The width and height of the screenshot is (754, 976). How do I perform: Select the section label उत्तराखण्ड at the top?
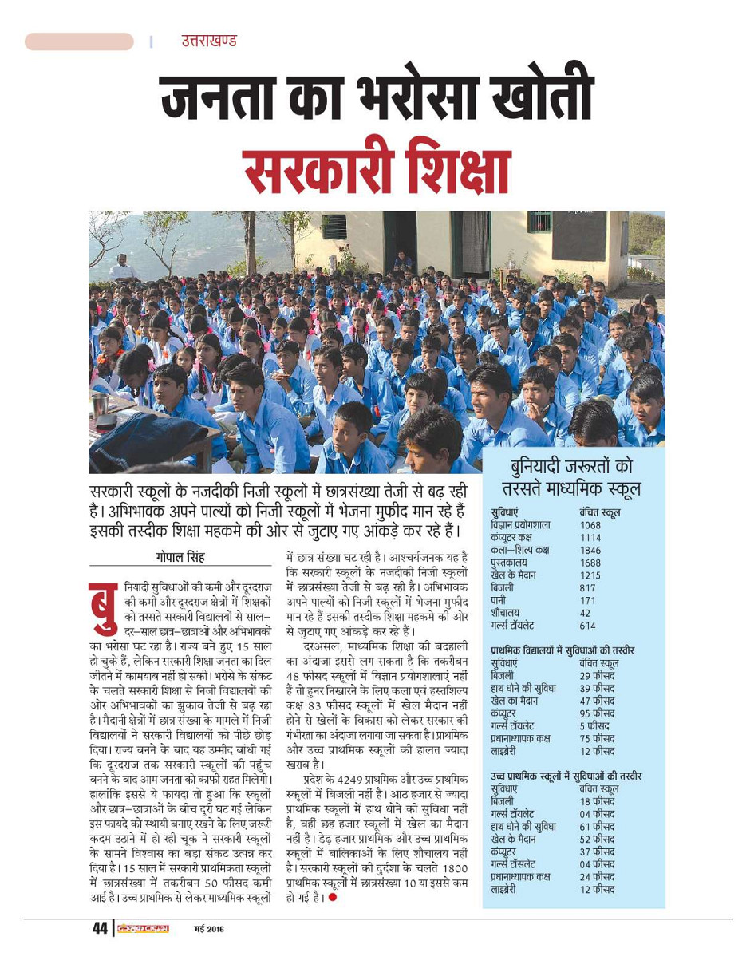(x=209, y=41)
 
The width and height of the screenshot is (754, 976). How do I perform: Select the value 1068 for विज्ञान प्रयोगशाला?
(x=590, y=525)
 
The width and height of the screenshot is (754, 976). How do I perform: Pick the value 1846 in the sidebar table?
(x=590, y=551)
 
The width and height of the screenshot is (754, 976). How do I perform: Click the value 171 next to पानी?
(x=588, y=600)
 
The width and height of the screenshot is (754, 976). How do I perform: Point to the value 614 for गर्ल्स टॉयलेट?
(x=588, y=626)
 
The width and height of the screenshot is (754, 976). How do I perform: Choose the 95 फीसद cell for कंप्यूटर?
(x=598, y=713)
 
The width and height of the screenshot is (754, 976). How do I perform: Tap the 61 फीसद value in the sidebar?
(x=598, y=827)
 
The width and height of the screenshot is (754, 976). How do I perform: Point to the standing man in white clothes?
(x=121, y=268)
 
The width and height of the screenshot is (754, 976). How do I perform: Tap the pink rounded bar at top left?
(x=79, y=41)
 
